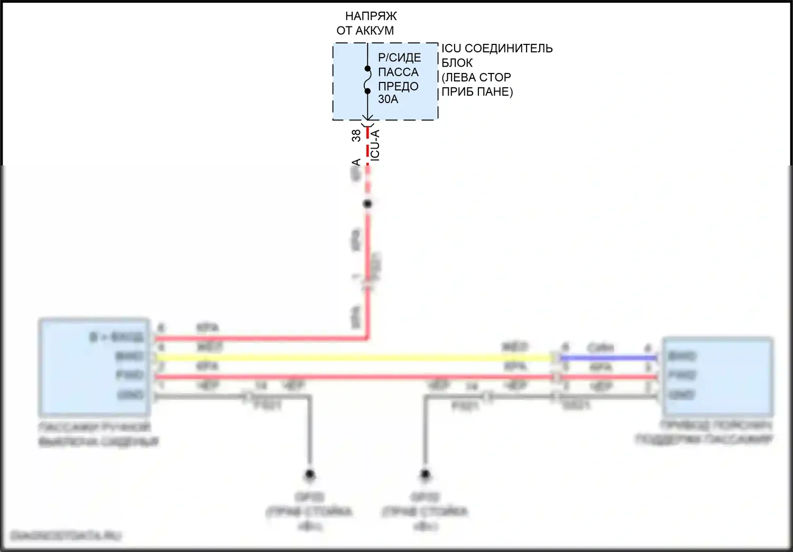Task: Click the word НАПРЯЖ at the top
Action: click(371, 16)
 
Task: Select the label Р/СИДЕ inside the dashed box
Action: click(399, 58)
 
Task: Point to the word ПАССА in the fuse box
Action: click(398, 72)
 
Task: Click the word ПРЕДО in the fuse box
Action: click(398, 86)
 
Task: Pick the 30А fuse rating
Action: click(388, 99)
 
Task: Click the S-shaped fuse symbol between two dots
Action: click(367, 80)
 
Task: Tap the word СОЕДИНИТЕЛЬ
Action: click(509, 49)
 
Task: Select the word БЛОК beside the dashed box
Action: click(457, 63)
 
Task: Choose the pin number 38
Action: click(356, 135)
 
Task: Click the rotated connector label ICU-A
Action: click(374, 144)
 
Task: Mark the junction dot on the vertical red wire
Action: click(367, 204)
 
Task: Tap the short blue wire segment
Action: click(608, 358)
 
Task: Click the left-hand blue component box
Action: click(94, 367)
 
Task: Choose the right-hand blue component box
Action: click(717, 375)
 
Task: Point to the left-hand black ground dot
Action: click(310, 474)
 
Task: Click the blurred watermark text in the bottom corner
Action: click(66, 536)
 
